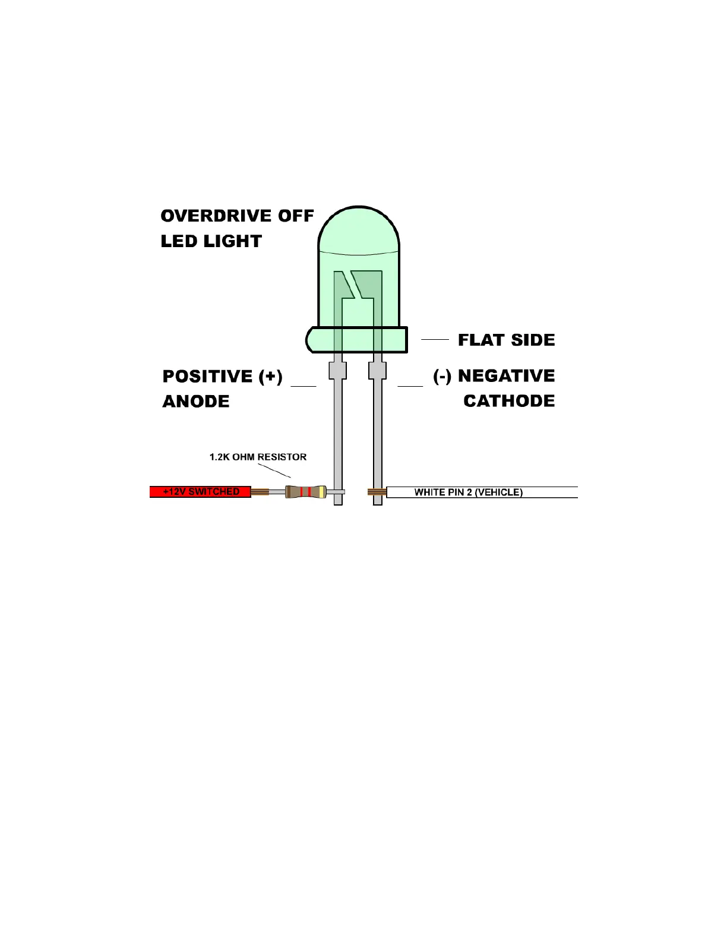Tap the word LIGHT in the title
233,241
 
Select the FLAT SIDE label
506,340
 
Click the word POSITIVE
207,377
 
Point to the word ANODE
196,402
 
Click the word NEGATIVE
506,376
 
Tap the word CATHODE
509,401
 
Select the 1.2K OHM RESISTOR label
258,457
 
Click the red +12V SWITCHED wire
200,492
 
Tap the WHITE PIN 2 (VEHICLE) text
468,492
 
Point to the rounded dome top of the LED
359,229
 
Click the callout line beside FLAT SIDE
435,339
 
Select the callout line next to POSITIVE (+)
304,386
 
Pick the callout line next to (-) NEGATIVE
410,386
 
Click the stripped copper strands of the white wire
377,492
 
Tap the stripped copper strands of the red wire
260,492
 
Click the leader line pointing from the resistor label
274,470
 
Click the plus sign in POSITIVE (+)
270,377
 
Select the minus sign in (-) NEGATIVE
442,377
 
